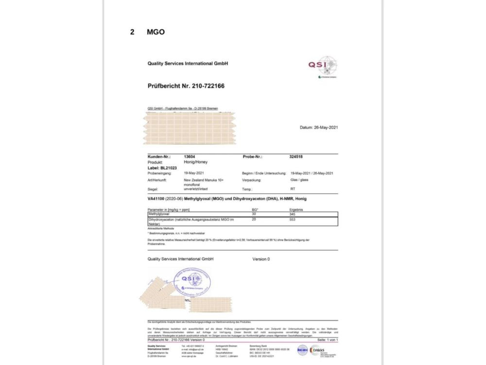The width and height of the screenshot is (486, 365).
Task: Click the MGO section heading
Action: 156,32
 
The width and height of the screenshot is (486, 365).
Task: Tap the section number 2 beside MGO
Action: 132,32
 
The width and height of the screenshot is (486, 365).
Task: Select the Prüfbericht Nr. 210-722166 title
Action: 186,86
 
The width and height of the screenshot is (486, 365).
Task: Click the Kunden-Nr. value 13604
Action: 190,157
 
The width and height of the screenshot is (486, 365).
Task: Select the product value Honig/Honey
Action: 194,162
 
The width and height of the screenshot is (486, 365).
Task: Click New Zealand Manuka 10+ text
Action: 204,180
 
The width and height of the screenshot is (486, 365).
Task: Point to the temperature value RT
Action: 293,188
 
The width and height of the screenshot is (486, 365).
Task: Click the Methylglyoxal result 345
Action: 293,214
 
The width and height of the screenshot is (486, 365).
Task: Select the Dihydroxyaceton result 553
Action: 293,220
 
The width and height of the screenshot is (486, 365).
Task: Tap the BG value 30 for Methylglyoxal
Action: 254,214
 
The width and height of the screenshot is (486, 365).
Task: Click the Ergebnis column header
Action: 296,209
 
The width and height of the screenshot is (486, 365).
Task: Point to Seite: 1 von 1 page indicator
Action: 328,340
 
